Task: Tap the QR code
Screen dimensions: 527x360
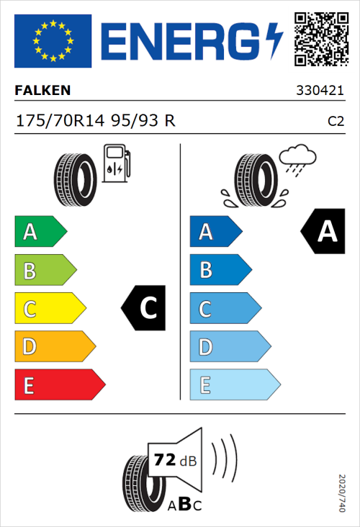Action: [320, 37]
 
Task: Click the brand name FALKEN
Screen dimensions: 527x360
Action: [43, 91]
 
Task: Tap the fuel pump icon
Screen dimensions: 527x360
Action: [116, 163]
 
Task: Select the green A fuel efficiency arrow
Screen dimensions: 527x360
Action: [40, 232]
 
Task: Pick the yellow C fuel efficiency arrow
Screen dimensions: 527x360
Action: [49, 309]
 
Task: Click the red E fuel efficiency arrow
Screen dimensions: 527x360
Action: [59, 385]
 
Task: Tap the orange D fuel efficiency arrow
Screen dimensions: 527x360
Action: [54, 347]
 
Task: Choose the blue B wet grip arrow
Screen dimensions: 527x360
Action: [219, 270]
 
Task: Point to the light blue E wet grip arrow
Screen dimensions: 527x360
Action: [234, 385]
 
